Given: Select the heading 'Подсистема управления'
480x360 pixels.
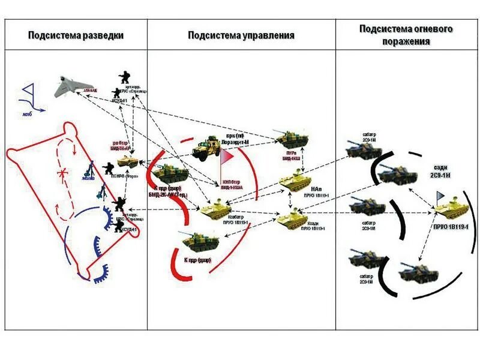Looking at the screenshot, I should pos(241,35).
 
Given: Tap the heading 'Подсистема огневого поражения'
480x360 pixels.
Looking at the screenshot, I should pos(406,35).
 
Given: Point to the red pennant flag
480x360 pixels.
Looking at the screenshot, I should pos(227,157).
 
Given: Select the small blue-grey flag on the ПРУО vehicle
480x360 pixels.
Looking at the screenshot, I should pos(441,196).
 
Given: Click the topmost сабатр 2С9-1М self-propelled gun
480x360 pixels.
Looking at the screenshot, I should pos(364,149).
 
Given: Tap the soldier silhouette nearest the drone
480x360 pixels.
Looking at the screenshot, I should pos(125,78).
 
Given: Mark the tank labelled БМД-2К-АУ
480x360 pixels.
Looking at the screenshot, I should pos(169,175).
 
